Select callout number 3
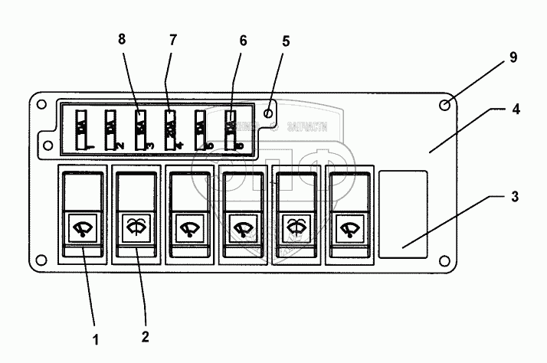click(x=515, y=197)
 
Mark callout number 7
click(x=171, y=40)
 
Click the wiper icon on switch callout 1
click(x=81, y=227)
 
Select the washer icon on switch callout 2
click(x=134, y=227)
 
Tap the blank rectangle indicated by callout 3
click(x=403, y=212)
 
